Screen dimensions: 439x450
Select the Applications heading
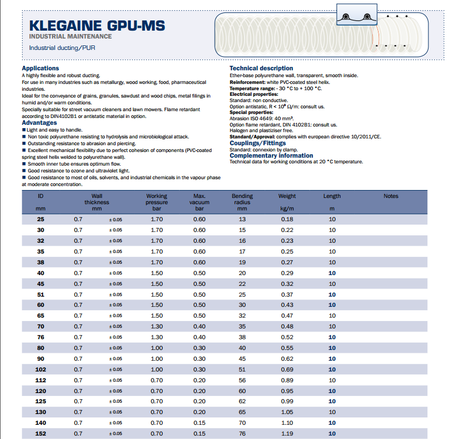pos(40,69)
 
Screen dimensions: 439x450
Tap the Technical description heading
pos(261,69)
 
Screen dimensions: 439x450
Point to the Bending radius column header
pos(243,202)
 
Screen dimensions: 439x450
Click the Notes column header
pos(391,196)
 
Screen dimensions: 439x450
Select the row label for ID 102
pos(40,369)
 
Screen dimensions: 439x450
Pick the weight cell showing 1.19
pos(287,433)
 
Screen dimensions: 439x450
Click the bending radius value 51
pos(243,369)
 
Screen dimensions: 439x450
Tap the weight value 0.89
pos(287,380)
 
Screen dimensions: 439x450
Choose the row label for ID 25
pos(40,220)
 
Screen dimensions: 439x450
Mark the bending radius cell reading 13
pos(243,220)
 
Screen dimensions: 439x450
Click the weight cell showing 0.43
pos(287,305)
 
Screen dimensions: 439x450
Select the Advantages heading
pos(39,123)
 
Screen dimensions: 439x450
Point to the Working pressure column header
pos(157,202)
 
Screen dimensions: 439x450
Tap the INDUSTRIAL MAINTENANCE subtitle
pos(70,36)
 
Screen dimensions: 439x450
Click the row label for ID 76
pos(40,337)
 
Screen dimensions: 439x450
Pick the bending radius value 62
pos(243,402)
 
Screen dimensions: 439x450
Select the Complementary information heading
pos(271,155)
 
